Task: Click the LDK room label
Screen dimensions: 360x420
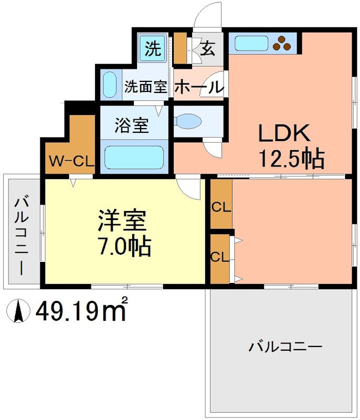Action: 284,133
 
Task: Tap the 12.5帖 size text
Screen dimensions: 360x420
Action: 292,159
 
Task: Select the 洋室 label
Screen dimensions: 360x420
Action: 122,220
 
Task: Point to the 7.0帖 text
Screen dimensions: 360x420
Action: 125,246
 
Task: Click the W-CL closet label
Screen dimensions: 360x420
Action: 72,161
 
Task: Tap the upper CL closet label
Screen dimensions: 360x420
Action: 221,206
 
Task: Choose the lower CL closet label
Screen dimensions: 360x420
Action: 220,257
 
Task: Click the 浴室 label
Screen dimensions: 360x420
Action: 132,125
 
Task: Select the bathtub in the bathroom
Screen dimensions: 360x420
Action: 134,157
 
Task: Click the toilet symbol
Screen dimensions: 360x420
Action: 188,122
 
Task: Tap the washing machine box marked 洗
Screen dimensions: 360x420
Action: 153,48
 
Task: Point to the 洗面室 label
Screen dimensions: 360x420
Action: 146,87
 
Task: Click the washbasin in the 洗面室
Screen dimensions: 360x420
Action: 110,85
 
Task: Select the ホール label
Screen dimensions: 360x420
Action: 199,87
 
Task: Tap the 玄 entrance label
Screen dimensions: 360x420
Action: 208,48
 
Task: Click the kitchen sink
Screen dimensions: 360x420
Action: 251,44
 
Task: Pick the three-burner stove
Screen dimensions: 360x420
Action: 282,44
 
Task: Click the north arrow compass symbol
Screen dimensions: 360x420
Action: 18,311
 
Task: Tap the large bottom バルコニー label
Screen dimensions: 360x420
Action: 285,348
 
